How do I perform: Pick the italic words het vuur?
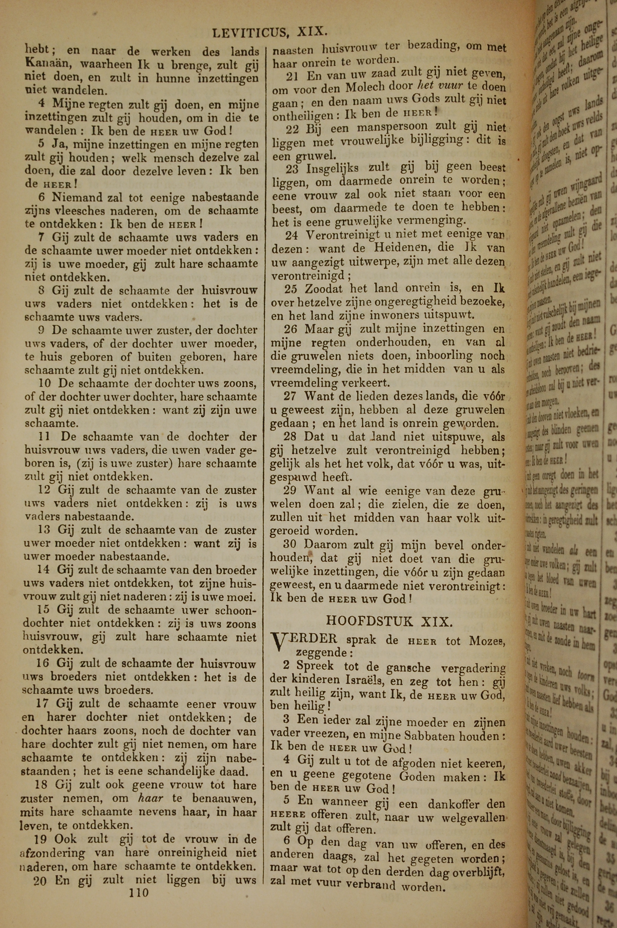point(441,86)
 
